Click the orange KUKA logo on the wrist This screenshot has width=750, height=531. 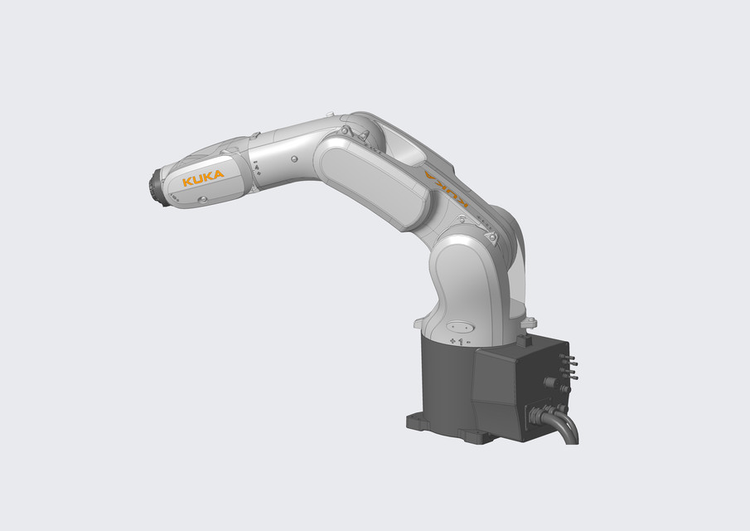(203, 178)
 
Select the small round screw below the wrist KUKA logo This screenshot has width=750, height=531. (202, 199)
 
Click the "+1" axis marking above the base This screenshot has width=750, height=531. (455, 341)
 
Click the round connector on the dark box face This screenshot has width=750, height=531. (548, 383)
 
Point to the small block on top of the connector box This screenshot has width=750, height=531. (522, 340)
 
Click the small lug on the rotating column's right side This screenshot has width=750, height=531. (530, 321)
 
